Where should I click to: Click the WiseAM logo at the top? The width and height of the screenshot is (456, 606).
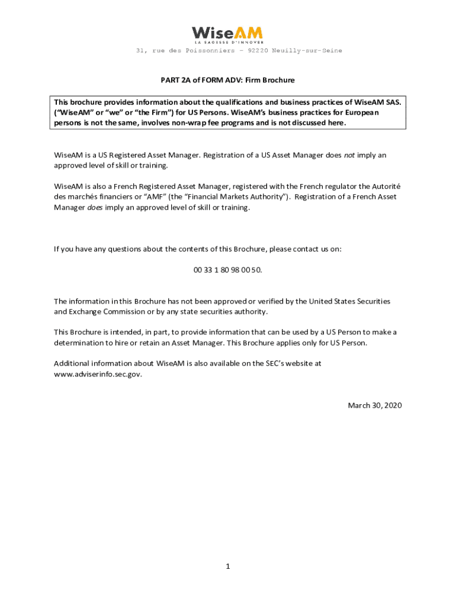(x=227, y=35)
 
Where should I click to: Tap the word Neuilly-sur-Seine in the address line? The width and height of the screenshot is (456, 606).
(x=307, y=51)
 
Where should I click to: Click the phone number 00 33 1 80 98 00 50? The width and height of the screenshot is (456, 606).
(x=227, y=270)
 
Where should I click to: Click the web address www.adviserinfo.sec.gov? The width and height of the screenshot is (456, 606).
(x=98, y=375)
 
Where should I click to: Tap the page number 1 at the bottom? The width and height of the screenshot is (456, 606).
(x=227, y=567)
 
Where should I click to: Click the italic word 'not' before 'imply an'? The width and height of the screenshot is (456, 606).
(x=349, y=155)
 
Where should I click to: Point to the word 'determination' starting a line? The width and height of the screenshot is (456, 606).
(x=78, y=343)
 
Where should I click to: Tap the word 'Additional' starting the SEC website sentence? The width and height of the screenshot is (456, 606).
(x=72, y=363)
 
